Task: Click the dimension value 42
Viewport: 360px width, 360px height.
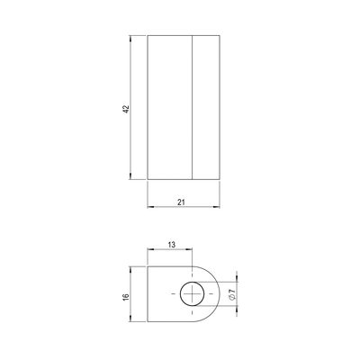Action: tap(126, 109)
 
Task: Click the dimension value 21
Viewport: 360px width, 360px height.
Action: tap(181, 202)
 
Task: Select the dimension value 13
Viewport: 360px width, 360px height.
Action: tap(171, 245)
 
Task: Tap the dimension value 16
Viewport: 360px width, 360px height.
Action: tap(126, 296)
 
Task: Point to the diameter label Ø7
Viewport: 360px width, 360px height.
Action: tap(231, 294)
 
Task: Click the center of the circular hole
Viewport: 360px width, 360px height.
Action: tap(192, 294)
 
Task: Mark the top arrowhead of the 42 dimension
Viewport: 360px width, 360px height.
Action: tap(130, 39)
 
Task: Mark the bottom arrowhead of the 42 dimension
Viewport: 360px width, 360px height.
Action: tap(130, 176)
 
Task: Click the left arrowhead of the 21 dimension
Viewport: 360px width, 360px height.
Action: tap(151, 207)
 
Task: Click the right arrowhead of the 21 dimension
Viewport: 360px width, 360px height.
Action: tap(216, 207)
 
